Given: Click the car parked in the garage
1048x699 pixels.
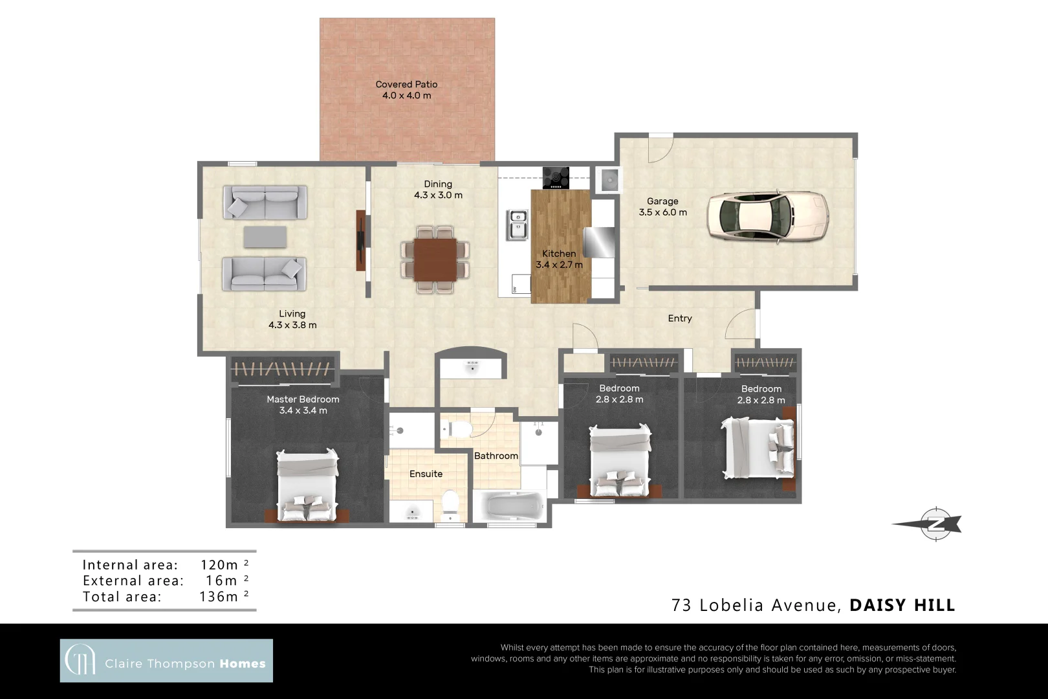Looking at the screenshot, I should [x=767, y=216].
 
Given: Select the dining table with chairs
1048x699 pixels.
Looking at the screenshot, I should [x=435, y=260].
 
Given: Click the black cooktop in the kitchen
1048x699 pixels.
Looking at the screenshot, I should [x=556, y=177].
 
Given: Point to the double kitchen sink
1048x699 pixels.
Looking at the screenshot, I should [x=518, y=224].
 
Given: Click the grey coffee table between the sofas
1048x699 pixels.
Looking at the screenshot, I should [x=265, y=236].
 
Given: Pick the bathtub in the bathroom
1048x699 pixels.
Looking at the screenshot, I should [x=511, y=505].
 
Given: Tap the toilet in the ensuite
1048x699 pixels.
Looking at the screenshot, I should [x=450, y=505].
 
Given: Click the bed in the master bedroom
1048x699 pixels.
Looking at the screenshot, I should [x=307, y=485].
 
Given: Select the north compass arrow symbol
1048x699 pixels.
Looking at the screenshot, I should [x=929, y=524].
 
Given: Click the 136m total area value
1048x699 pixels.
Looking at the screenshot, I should [x=219, y=597].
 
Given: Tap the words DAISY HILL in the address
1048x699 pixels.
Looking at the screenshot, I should [x=902, y=605].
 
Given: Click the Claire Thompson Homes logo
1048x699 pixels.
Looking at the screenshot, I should [x=166, y=661].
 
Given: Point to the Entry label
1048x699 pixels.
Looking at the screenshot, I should [x=679, y=318].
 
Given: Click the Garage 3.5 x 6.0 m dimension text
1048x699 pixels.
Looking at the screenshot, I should [x=662, y=212].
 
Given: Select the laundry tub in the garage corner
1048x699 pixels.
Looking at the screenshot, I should [x=609, y=179].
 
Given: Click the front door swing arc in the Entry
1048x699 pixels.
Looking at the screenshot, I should [x=741, y=324].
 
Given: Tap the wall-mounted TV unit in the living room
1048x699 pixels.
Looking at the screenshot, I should [x=361, y=240].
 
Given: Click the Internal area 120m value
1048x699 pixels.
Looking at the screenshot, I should [x=219, y=565].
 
